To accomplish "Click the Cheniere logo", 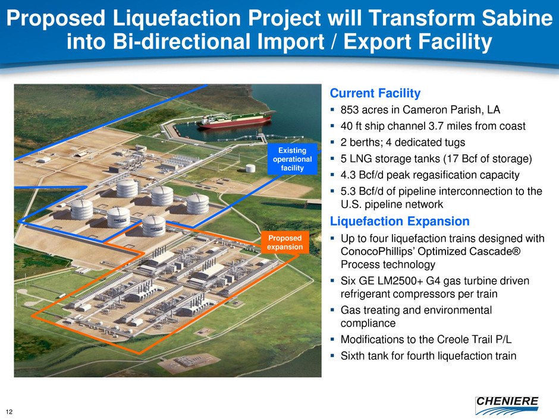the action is pyautogui.click(x=507, y=405).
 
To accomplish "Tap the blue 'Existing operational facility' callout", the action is pyautogui.click(x=293, y=159).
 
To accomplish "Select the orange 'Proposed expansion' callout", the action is pyautogui.click(x=285, y=242).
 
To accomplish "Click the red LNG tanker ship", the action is pyautogui.click(x=236, y=119).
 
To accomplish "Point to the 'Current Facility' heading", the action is pyautogui.click(x=375, y=93).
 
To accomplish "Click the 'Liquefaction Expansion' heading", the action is pyautogui.click(x=400, y=221).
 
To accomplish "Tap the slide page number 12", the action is pyautogui.click(x=10, y=412).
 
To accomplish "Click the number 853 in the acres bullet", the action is pyautogui.click(x=350, y=110).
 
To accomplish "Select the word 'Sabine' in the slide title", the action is pyautogui.click(x=517, y=18).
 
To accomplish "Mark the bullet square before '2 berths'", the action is pyautogui.click(x=332, y=143).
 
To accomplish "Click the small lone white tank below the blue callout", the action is pyautogui.click(x=250, y=168).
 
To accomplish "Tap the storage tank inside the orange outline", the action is pyautogui.click(x=154, y=226).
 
